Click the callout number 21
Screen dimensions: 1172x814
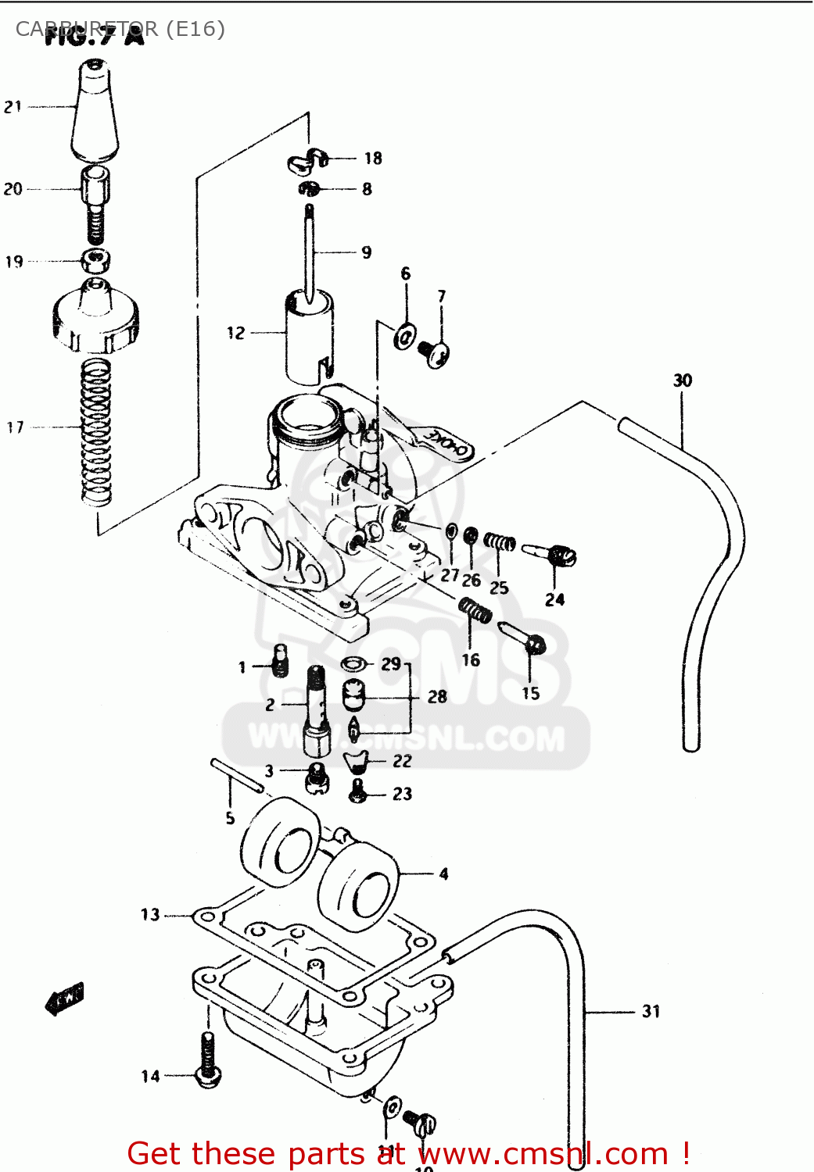tap(13, 107)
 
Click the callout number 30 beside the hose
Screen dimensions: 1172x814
tap(683, 381)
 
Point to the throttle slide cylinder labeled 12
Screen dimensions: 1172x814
tap(309, 336)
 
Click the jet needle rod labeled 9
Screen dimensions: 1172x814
tap(310, 250)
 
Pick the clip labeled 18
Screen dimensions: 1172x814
tap(307, 160)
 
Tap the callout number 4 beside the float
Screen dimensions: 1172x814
tap(443, 874)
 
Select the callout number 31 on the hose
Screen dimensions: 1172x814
tap(651, 1012)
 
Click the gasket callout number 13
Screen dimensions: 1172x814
tap(150, 914)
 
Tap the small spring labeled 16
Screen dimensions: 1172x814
tap(475, 609)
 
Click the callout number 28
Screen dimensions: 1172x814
tap(437, 696)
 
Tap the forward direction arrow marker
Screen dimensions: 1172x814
tap(65, 998)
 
